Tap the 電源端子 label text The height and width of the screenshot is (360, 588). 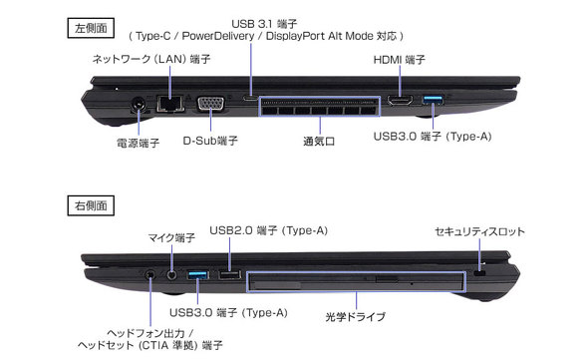136,143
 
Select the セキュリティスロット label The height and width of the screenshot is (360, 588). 479,231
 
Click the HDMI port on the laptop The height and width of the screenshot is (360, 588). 400,102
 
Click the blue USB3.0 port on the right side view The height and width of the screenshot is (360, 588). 197,273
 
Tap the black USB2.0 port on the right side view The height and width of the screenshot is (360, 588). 228,273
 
